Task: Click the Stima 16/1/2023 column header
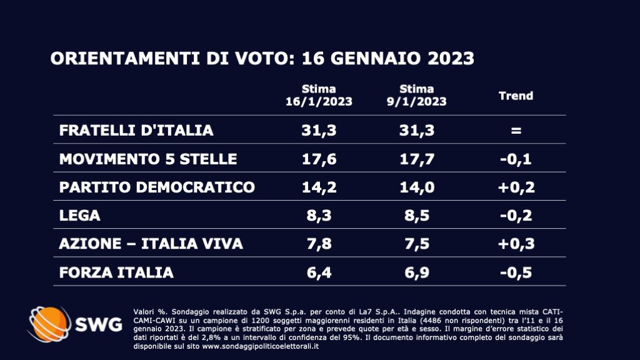(x=319, y=95)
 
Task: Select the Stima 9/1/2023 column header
(x=417, y=95)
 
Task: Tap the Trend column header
(x=516, y=96)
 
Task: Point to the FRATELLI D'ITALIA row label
(x=136, y=131)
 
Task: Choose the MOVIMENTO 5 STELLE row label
(x=148, y=159)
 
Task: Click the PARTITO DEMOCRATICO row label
(x=157, y=187)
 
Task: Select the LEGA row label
(x=80, y=216)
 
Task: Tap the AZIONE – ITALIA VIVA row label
(x=151, y=244)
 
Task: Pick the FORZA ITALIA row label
(x=116, y=272)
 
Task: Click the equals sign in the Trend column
(x=516, y=131)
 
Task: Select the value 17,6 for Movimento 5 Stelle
(x=319, y=159)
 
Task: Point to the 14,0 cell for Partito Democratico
(x=417, y=187)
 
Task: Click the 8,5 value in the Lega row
(x=417, y=216)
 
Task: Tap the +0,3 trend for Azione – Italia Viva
(x=516, y=244)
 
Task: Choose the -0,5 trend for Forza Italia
(x=516, y=272)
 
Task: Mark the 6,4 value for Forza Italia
(x=319, y=272)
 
